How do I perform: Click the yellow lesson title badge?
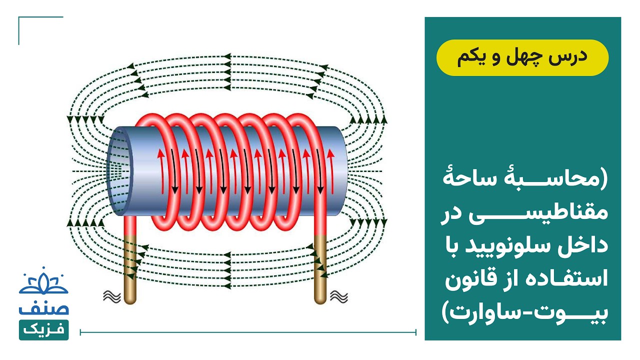pyautogui.click(x=522, y=57)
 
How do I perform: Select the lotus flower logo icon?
pyautogui.click(x=43, y=281)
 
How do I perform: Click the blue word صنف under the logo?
pyautogui.click(x=43, y=308)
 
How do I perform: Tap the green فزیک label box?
pyautogui.click(x=43, y=329)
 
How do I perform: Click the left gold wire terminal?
pyautogui.click(x=130, y=269)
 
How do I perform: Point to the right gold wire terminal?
pyautogui.click(x=320, y=269)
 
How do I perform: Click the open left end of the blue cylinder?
pyautogui.click(x=119, y=171)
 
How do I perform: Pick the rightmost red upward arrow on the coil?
pyautogui.click(x=331, y=171)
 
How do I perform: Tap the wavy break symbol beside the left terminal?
pyautogui.click(x=112, y=296)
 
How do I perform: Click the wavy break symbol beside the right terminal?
pyautogui.click(x=339, y=296)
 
